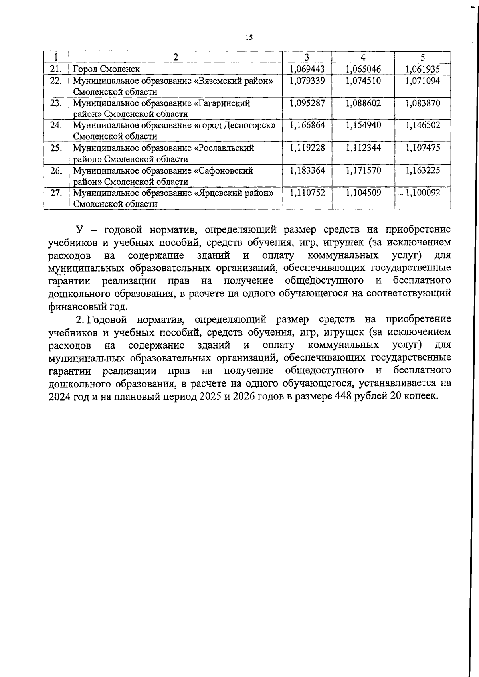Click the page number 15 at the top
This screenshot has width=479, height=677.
point(249,38)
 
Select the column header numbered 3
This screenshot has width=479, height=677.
point(307,57)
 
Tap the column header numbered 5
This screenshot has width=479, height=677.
point(422,57)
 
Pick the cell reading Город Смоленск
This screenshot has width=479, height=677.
point(106,69)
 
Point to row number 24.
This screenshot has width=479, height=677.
point(56,125)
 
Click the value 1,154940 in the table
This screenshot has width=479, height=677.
point(363,125)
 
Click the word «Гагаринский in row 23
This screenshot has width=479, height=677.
point(222,103)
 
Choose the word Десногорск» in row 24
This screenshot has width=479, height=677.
point(250,125)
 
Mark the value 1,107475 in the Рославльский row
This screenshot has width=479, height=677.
point(422,148)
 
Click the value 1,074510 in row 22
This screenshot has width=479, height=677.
point(363,81)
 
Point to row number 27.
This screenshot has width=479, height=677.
point(56,193)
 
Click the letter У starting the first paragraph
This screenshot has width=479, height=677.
point(79,230)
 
